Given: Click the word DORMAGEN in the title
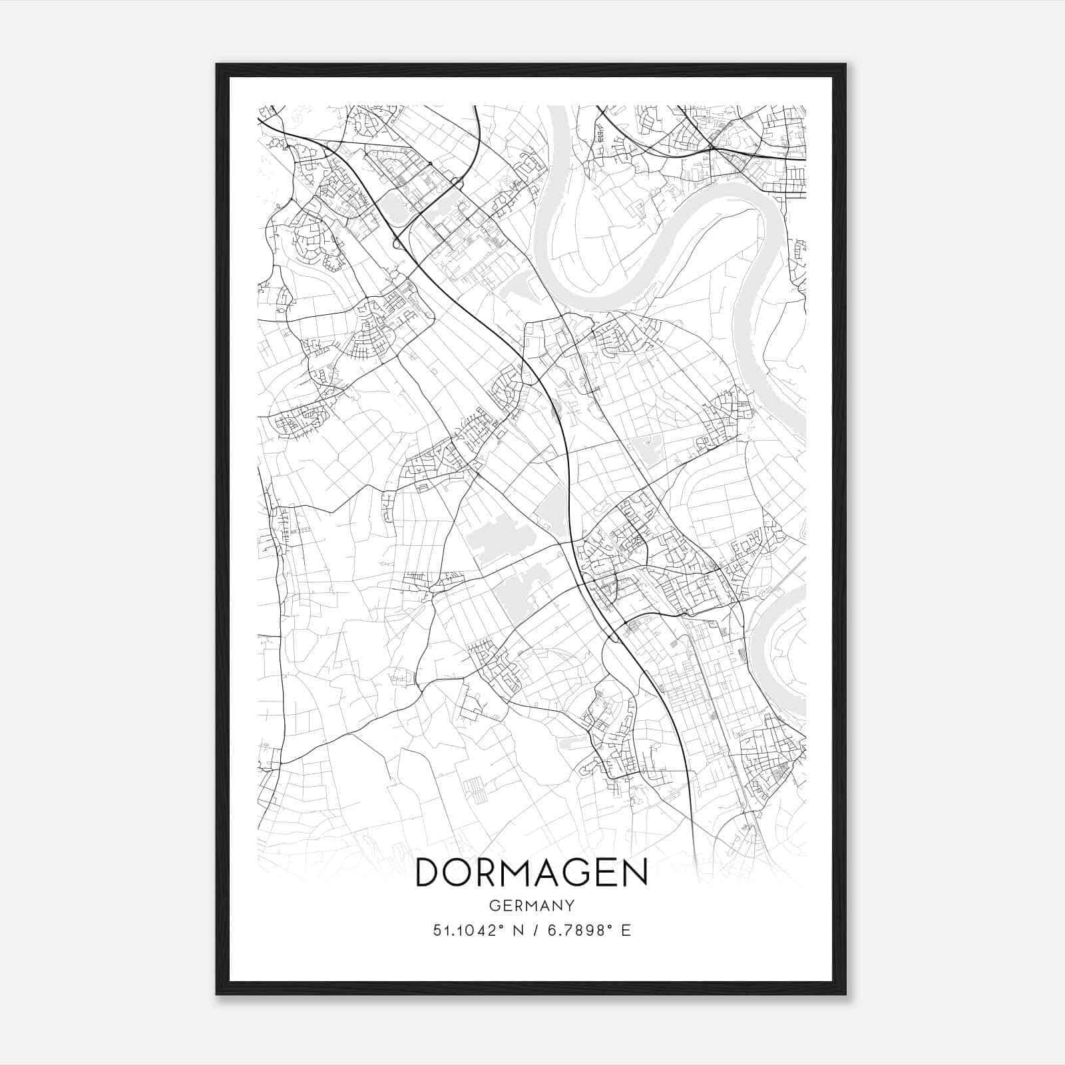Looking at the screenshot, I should point(531,873).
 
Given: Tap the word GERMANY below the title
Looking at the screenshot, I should point(531,905).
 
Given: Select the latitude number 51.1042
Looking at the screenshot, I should point(464,931).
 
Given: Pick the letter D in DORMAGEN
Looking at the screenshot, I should point(429,873).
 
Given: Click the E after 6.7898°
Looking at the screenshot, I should point(626,931).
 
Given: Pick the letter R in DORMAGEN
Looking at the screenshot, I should point(490,873).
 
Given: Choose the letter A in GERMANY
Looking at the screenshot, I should point(542,905).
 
